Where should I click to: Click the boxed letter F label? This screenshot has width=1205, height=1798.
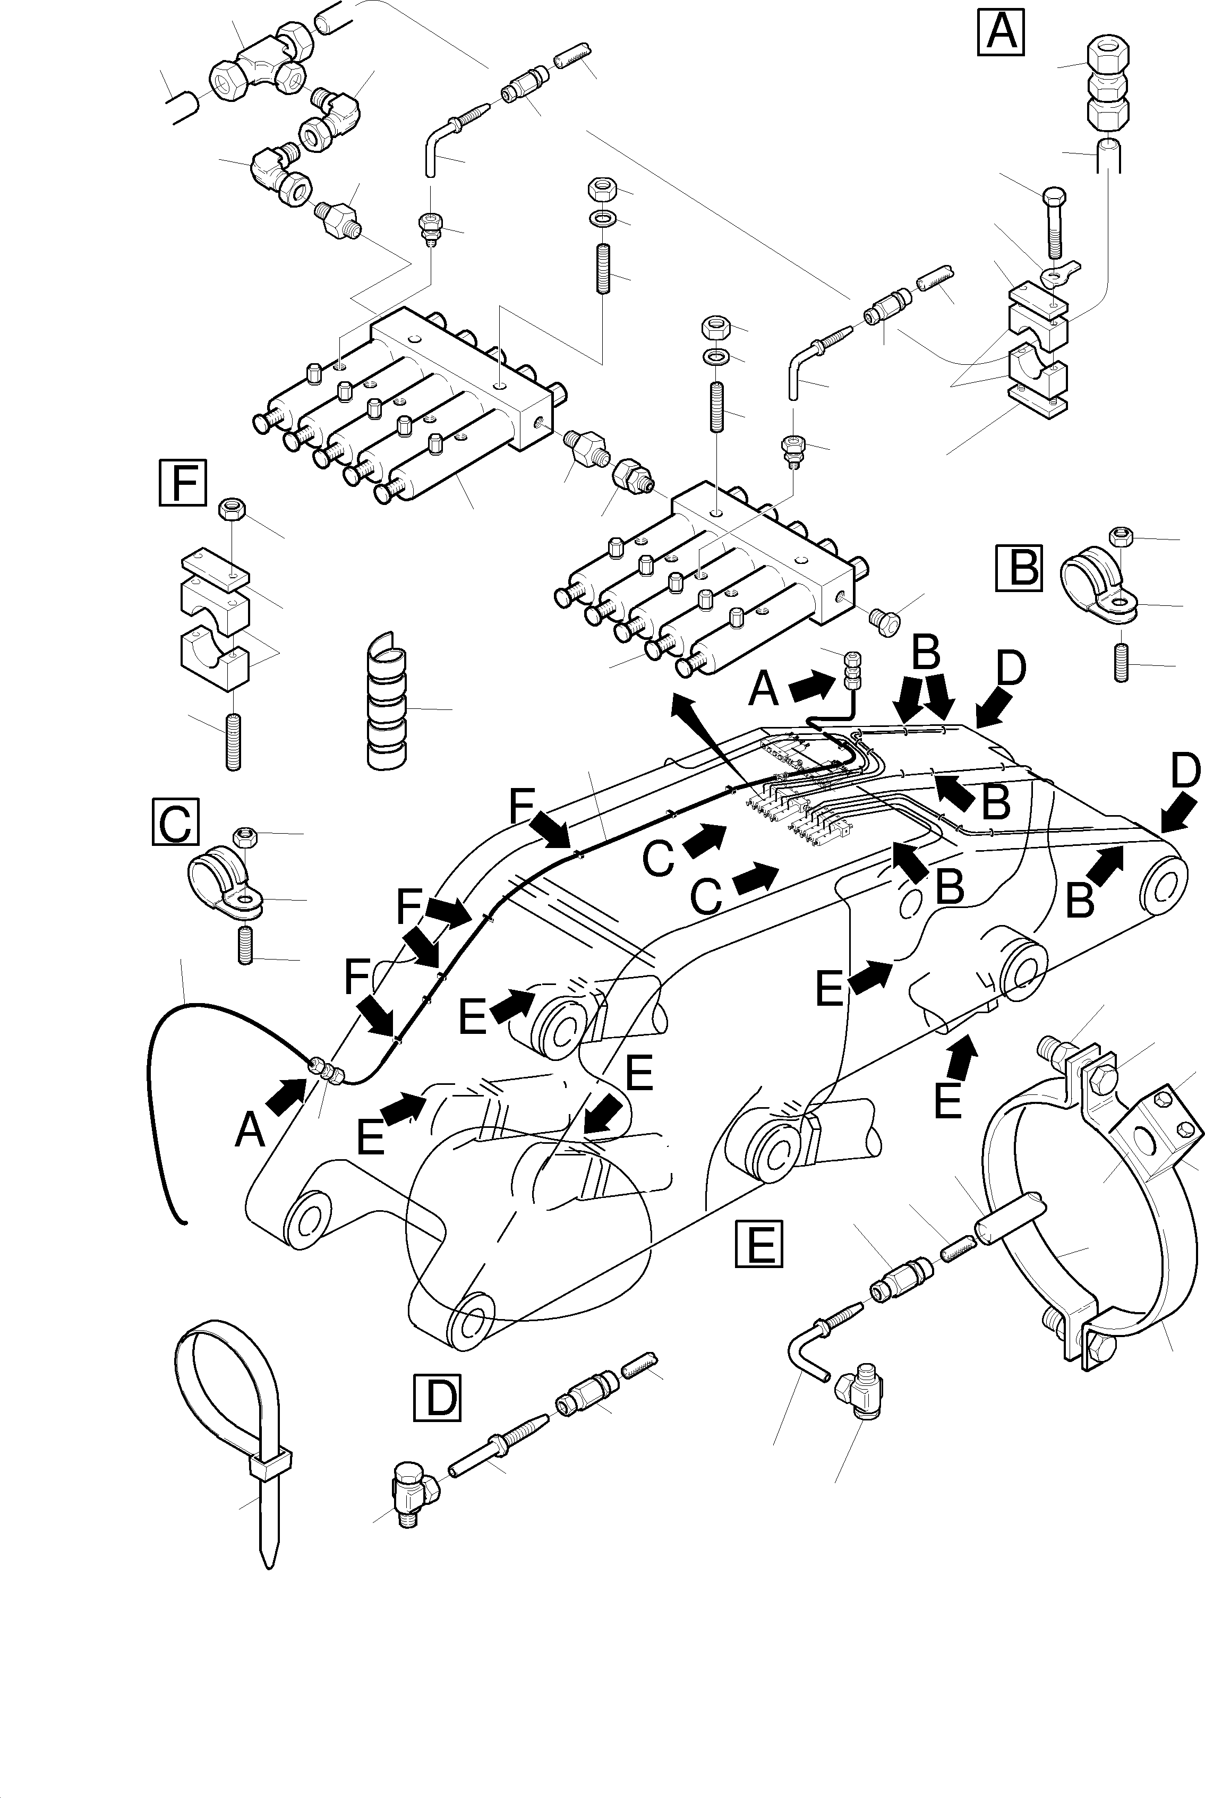[182, 483]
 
